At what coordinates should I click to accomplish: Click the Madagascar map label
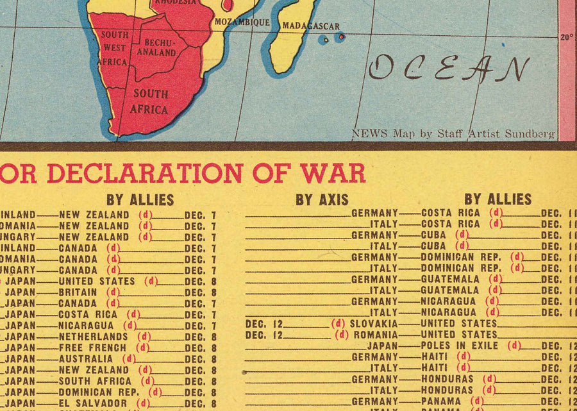point(311,26)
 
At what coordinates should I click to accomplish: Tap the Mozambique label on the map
point(242,22)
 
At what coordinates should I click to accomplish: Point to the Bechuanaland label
point(156,47)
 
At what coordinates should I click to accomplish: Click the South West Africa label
point(115,48)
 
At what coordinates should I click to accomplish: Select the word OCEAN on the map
point(449,68)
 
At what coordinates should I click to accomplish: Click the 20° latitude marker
point(567,37)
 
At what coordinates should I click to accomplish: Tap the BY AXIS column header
point(322,200)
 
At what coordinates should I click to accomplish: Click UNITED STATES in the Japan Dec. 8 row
point(97,281)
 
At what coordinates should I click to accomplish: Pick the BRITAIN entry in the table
point(78,292)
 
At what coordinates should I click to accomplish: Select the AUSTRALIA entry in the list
point(85,359)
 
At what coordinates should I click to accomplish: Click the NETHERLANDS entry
point(93,337)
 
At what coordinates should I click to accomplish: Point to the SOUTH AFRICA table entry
point(95,381)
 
